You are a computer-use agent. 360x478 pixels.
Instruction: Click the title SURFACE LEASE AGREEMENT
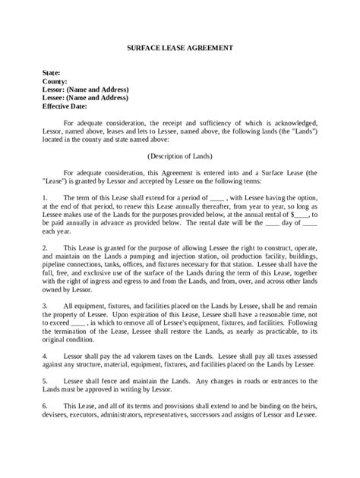180,48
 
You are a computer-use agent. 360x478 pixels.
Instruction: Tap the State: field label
53,72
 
